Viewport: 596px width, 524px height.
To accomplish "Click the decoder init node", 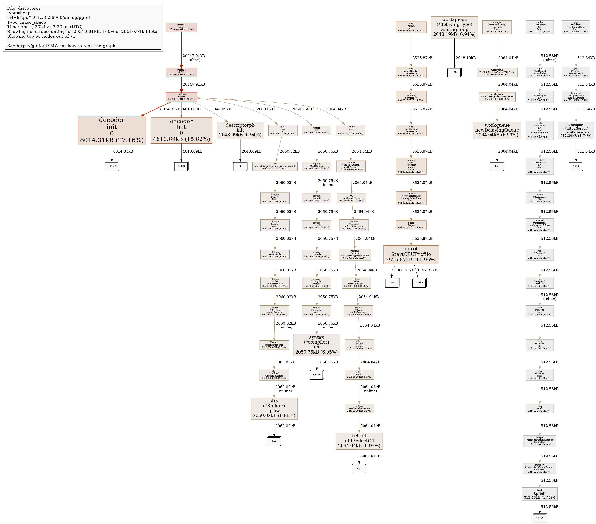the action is point(112,130).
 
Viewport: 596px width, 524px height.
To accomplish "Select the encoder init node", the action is point(181,130).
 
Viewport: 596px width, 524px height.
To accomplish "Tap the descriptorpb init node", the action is point(240,130).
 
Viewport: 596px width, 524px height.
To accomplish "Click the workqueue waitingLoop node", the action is point(454,27).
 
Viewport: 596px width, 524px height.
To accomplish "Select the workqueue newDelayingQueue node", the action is point(497,130).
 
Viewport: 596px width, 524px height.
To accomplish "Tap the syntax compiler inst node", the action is point(316,345).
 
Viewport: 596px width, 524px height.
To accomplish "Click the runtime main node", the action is point(181,27).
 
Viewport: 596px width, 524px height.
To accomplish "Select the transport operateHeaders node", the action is point(576,130).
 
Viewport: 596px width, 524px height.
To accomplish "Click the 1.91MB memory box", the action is point(112,166).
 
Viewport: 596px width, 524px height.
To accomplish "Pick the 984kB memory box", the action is point(181,166).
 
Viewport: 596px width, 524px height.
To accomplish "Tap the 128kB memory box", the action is point(419,283).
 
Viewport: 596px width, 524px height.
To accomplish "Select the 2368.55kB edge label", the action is point(404,270).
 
